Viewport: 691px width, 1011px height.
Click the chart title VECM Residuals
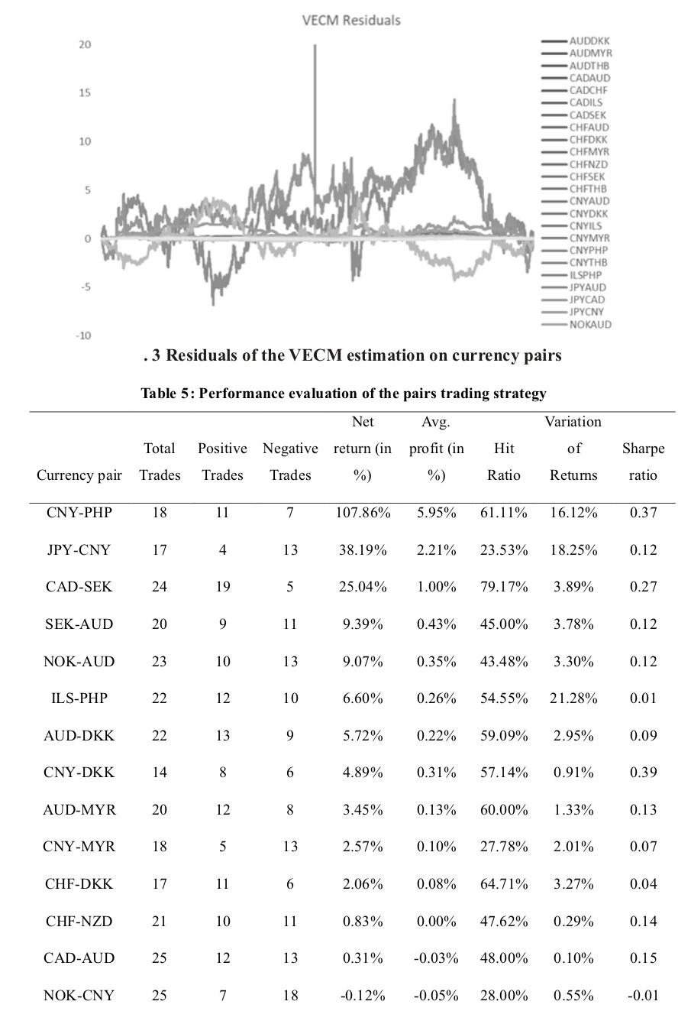click(x=351, y=21)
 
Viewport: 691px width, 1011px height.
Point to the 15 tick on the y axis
click(x=85, y=93)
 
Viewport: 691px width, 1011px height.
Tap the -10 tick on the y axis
click(x=83, y=335)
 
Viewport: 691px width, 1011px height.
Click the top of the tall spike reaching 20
click(x=315, y=45)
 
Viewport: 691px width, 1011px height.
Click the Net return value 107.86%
click(x=363, y=513)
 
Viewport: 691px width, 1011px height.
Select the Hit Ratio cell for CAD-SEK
click(x=504, y=587)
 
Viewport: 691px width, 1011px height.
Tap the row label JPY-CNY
click(x=79, y=549)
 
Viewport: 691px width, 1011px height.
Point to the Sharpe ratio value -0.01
click(x=643, y=995)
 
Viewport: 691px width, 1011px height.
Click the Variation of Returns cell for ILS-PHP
click(x=573, y=698)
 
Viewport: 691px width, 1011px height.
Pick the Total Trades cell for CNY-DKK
click(x=160, y=773)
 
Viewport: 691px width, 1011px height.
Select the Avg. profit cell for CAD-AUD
click(x=436, y=958)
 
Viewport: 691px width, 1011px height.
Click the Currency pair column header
click(x=79, y=475)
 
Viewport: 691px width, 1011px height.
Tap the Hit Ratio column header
click(x=504, y=462)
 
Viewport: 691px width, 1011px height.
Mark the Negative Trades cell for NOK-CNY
click(x=290, y=995)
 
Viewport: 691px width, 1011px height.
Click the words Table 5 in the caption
click(x=167, y=394)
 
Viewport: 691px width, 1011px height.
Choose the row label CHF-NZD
click(x=79, y=921)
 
